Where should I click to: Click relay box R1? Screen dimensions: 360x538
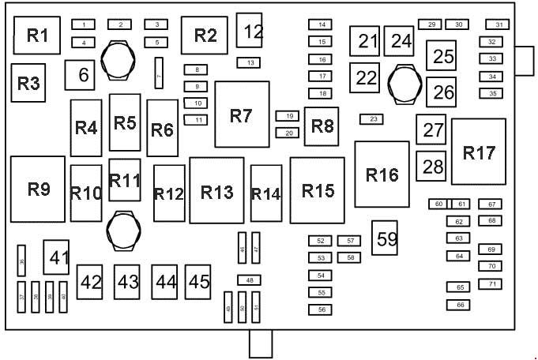point(38,36)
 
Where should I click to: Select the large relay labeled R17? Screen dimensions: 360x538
point(480,152)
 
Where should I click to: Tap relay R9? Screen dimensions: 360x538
point(38,189)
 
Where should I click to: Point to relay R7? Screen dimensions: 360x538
point(241,115)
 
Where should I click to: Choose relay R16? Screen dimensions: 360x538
point(382,174)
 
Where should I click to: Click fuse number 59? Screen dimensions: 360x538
point(386,238)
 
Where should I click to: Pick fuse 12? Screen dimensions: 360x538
point(252,32)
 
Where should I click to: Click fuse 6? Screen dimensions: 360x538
point(81,76)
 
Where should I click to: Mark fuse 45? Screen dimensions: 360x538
point(199,282)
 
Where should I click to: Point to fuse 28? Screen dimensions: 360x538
point(432,167)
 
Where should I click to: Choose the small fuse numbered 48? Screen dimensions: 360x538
point(249,280)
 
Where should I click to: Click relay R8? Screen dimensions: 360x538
point(322,126)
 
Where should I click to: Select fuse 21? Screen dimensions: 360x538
point(365,41)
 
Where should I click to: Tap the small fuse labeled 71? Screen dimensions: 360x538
point(490,283)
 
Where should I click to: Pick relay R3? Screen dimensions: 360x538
point(28,83)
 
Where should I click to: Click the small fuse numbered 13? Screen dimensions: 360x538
point(249,62)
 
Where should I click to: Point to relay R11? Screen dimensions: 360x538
point(125,180)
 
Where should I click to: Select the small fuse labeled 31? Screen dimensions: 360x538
point(498,24)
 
